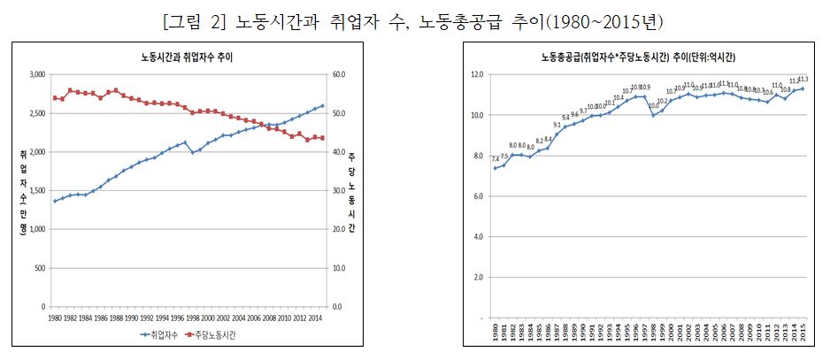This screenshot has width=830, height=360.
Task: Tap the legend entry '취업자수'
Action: [x=159, y=336]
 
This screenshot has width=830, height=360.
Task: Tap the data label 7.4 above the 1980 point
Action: [x=495, y=159]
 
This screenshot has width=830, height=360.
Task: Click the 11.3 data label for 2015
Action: [x=803, y=80]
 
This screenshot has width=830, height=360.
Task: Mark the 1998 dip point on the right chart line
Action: [x=654, y=115]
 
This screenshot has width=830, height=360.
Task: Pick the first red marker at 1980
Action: [x=55, y=98]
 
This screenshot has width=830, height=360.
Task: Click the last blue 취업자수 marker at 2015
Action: [x=322, y=106]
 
